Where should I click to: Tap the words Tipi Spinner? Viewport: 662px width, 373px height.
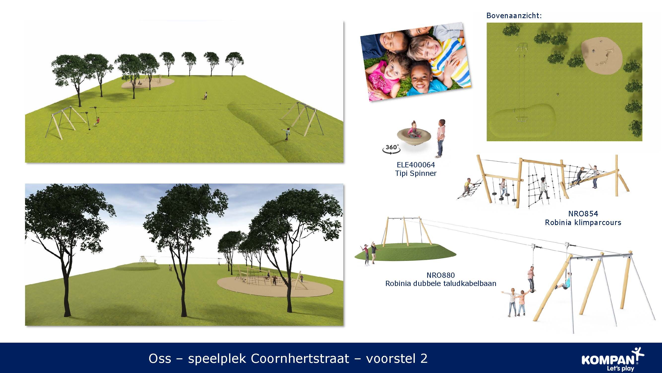pos(416,173)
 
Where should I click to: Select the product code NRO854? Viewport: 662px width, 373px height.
pos(583,213)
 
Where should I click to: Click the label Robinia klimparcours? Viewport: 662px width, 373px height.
pos(583,222)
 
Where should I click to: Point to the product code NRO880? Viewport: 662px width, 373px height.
pos(441,275)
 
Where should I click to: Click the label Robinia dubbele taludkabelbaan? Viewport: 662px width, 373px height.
pos(441,283)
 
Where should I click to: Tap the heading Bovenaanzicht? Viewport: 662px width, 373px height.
pos(514,16)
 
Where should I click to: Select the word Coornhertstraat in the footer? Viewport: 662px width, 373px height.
pos(300,358)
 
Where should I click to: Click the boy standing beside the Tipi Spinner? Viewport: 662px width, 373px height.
pos(440,138)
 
